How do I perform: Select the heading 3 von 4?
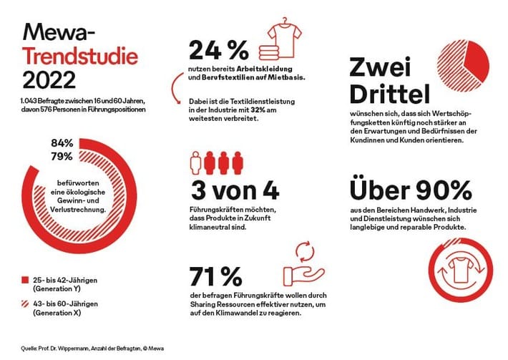click(x=234, y=191)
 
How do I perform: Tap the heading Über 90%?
click(x=411, y=190)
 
